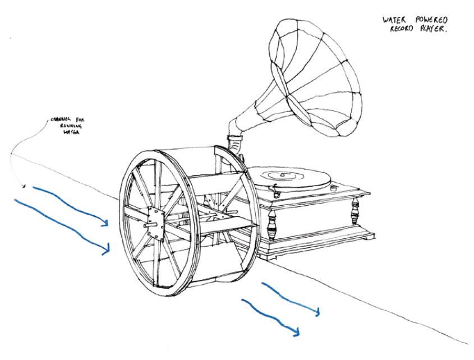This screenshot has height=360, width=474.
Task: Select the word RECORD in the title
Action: tap(395, 31)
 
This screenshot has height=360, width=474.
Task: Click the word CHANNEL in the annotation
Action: tap(59, 119)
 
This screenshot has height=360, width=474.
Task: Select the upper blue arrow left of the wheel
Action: tap(70, 205)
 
